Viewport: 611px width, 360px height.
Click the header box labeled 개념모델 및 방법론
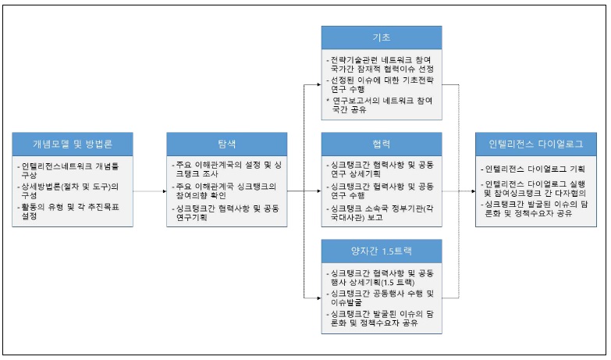[x=72, y=144]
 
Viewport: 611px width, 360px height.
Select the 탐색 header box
[x=226, y=144]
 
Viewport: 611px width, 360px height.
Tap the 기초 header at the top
[x=381, y=37]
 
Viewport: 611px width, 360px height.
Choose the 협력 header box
[x=381, y=144]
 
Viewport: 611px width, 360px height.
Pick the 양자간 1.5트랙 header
[x=381, y=251]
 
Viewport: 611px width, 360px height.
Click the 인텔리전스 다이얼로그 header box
[x=535, y=144]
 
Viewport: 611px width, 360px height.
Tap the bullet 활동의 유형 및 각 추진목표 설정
[x=70, y=211]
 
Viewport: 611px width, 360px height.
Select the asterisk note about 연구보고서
[x=381, y=105]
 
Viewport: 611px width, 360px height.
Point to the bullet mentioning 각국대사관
[x=381, y=212]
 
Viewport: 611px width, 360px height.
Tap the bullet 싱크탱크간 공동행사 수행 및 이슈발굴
[x=381, y=298]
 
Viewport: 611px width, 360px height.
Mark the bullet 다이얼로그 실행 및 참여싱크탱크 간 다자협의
[x=535, y=187]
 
